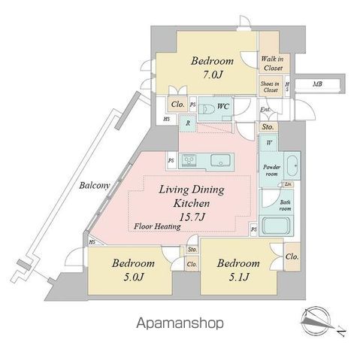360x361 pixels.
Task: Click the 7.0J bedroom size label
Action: point(211,76)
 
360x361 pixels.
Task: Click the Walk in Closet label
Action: point(271,62)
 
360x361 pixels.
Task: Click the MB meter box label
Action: point(319,84)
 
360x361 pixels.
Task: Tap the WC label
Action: point(223,107)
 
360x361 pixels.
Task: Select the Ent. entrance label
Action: point(265,111)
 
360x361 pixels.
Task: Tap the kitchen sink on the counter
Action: point(222,160)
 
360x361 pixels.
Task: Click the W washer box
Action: point(269,142)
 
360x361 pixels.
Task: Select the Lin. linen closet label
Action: point(287,184)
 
